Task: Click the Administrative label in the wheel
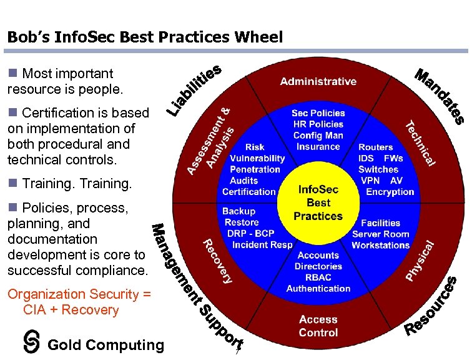pos(318,81)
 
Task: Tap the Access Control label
pos(318,326)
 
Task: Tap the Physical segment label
pos(420,260)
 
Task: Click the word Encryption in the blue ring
pos(390,192)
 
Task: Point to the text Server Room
pos(381,234)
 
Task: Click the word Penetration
pos(255,169)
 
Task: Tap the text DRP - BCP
pos(251,234)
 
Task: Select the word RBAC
pos(318,277)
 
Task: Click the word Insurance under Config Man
pos(318,147)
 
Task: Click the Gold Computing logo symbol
pos(31,341)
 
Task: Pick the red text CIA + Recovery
pos(71,310)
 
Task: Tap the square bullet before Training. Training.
pos(12,184)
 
